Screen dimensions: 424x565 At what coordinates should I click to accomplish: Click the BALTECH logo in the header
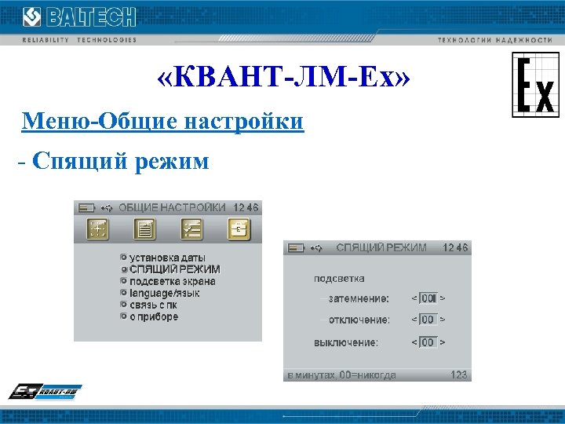tap(78, 16)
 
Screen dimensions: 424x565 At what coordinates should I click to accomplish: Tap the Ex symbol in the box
tap(535, 85)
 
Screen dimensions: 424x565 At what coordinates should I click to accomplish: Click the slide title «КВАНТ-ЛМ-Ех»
tap(282, 79)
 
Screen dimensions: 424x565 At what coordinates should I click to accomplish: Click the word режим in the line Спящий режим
tap(173, 162)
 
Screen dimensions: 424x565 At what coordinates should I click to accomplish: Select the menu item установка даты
tap(167, 257)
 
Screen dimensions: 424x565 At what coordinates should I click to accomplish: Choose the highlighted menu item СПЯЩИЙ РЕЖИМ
tap(174, 269)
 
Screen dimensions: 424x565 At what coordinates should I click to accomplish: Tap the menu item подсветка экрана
tap(173, 281)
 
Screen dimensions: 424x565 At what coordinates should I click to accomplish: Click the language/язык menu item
tap(165, 293)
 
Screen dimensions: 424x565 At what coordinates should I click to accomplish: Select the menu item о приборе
tap(154, 316)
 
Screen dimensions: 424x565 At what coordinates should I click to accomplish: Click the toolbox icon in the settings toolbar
tap(239, 229)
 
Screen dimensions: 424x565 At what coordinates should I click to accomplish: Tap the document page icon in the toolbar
tap(144, 229)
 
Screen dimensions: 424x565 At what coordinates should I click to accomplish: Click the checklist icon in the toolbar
tap(191, 229)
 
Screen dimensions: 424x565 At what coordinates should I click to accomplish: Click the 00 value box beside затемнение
tap(428, 298)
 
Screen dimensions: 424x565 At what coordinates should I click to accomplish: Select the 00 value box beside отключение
tap(428, 320)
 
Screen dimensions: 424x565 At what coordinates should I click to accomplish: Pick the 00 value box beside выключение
tap(428, 342)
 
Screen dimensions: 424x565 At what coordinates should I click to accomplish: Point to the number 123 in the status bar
tap(458, 375)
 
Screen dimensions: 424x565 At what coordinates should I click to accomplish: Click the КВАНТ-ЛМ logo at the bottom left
tap(46, 391)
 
